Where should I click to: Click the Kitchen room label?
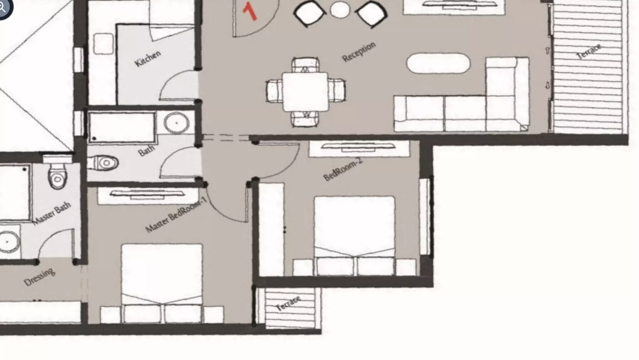[148, 59]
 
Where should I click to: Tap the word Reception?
[359, 52]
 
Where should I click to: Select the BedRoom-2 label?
[343, 169]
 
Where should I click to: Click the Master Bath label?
[52, 213]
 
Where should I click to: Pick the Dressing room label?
[39, 277]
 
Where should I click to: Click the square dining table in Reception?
[305, 92]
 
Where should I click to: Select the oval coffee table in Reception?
[438, 63]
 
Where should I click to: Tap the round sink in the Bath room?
[176, 123]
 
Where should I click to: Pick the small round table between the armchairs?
[340, 9]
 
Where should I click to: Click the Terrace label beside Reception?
[589, 52]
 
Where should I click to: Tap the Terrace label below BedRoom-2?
[288, 304]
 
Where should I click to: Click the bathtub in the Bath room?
[122, 127]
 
